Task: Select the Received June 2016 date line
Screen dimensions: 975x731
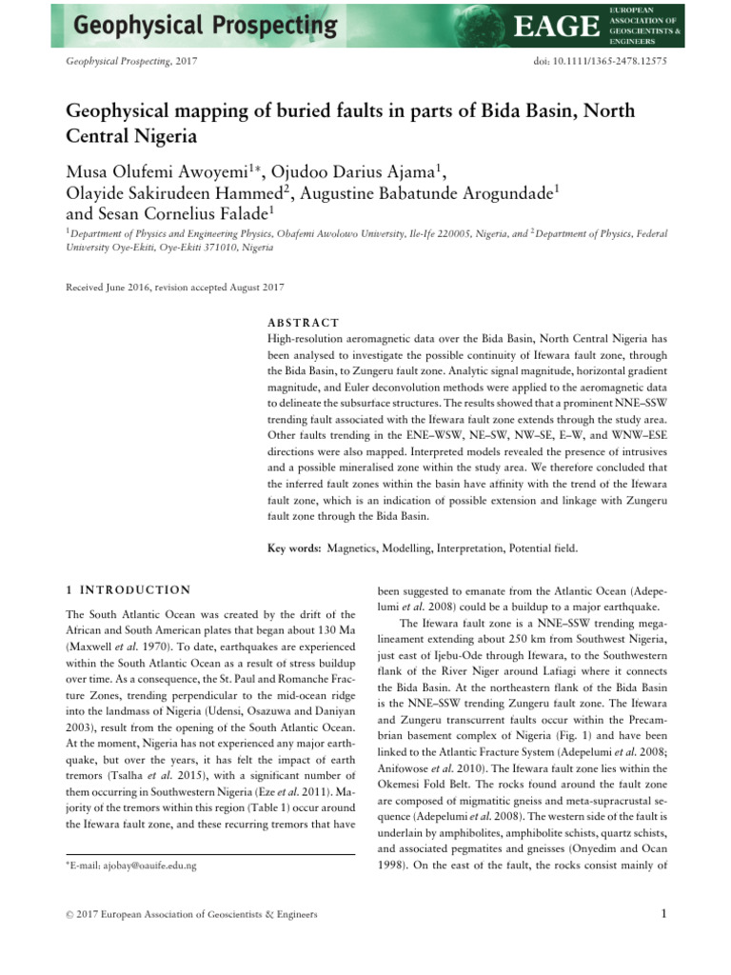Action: [x=174, y=287]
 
